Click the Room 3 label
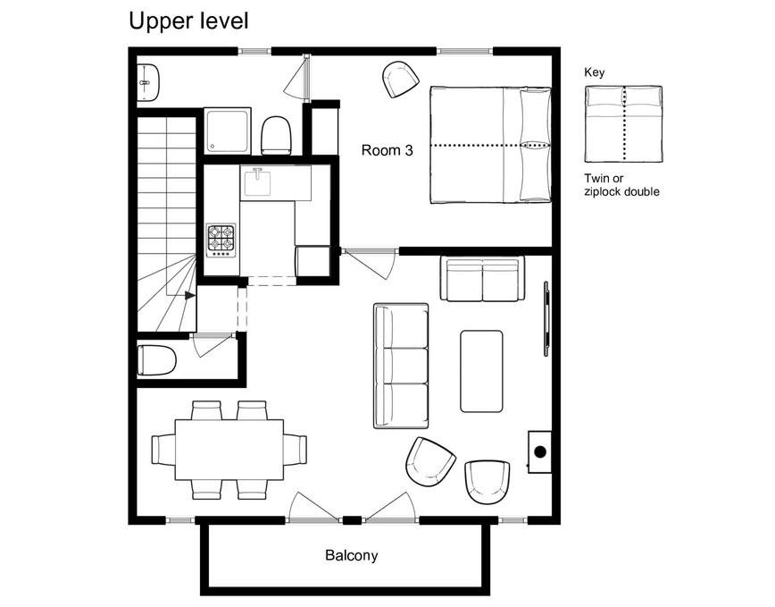point(387,150)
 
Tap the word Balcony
point(352,555)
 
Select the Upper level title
point(188,21)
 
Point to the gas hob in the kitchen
point(221,240)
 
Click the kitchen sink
point(257,182)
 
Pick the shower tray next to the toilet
point(228,131)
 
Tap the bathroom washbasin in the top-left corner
point(148,82)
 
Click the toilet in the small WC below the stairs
point(156,360)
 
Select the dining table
point(229,451)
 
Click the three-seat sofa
point(401,366)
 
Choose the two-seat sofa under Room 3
point(482,279)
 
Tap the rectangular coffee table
point(481,372)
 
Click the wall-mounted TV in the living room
point(546,318)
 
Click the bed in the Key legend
point(623,123)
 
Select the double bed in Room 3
point(490,146)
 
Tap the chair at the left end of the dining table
point(163,450)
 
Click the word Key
point(594,72)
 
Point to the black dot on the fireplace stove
point(540,451)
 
